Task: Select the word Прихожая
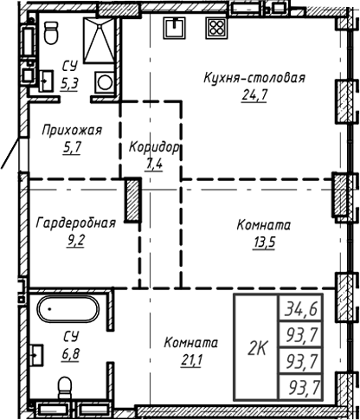(x=72, y=130)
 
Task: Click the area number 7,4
(x=155, y=164)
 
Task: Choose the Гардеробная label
(x=75, y=223)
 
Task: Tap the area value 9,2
(x=75, y=240)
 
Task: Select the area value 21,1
(x=190, y=359)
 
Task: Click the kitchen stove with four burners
(x=213, y=27)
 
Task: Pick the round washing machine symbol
(x=103, y=83)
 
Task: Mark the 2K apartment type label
(x=256, y=349)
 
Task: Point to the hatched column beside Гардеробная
(x=132, y=199)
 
